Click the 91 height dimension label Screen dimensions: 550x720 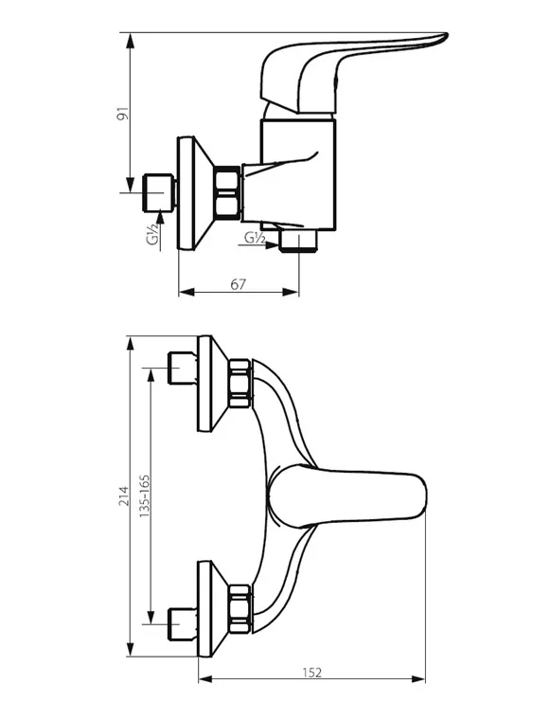(122, 114)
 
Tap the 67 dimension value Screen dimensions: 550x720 (238, 285)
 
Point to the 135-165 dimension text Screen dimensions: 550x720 (145, 495)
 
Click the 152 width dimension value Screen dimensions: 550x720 (312, 673)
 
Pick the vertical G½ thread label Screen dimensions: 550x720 (153, 233)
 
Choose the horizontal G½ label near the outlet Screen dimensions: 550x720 (254, 238)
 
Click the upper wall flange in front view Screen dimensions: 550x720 (212, 384)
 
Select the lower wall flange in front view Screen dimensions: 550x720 (212, 608)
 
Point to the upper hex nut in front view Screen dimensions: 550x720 (240, 384)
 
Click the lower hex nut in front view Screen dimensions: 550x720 (240, 608)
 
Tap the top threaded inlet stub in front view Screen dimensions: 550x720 (183, 369)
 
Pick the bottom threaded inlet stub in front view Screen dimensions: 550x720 (183, 623)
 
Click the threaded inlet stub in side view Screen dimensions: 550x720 (160, 193)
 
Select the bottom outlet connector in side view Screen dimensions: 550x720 (298, 241)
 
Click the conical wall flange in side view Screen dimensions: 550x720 (195, 193)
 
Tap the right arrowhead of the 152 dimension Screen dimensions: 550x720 (418, 679)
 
